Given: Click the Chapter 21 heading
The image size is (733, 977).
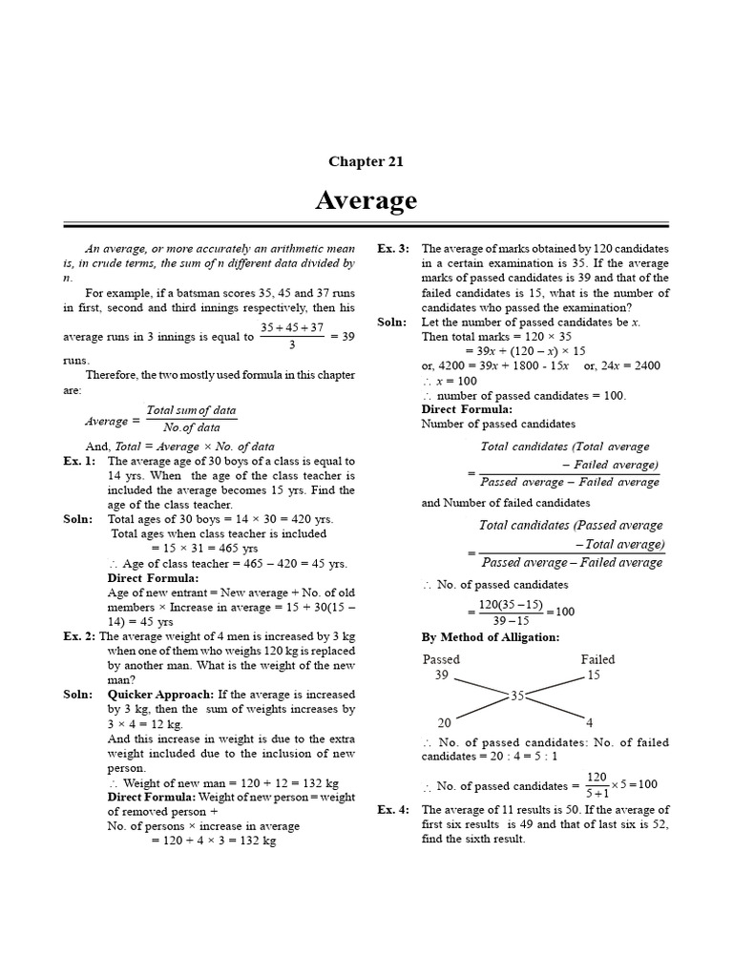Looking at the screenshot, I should (366, 161).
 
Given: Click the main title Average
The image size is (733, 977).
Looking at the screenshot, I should (366, 200).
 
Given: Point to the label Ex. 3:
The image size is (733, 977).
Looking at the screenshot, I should (393, 248).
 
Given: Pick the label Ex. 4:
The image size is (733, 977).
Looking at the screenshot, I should (393, 810).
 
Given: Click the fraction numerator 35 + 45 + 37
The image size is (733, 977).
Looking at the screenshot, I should (291, 327).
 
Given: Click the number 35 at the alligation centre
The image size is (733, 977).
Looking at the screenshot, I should (518, 696).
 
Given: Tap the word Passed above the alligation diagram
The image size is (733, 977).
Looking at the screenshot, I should (441, 659).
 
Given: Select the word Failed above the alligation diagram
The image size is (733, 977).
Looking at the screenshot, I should (597, 659).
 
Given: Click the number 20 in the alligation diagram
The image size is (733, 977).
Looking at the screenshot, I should (445, 722).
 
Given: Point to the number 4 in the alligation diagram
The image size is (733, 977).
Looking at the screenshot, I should (589, 722).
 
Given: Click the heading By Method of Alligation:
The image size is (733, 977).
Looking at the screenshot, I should (491, 637).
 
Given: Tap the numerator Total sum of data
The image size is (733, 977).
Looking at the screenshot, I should (190, 410).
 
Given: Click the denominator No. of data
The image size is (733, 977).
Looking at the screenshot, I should (191, 428).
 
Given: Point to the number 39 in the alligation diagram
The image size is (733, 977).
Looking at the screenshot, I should (441, 676).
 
